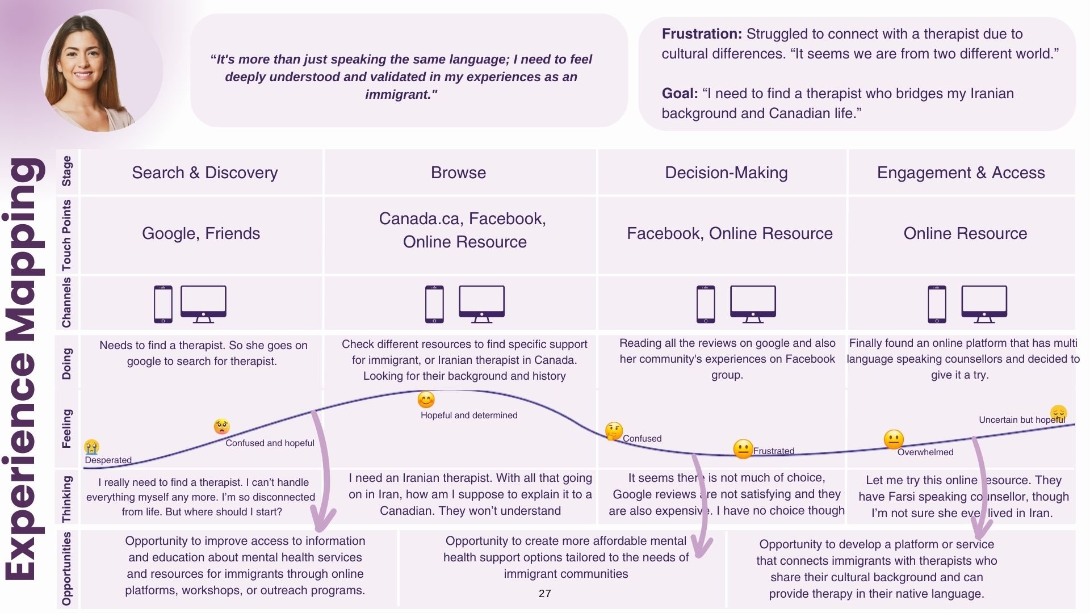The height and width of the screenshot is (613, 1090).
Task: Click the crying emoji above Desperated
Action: coord(91,447)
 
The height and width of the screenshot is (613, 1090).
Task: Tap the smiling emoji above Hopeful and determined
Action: coord(426,400)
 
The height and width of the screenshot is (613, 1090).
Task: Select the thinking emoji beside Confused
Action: coord(614,431)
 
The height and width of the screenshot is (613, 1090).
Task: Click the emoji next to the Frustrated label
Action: coord(743,449)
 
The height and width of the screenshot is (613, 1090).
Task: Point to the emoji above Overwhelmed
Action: coord(894,440)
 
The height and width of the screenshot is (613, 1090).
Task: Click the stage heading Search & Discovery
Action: coord(205,173)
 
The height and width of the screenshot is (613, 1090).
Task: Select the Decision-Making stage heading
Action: coord(726,173)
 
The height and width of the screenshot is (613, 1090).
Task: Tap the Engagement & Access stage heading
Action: coord(961,173)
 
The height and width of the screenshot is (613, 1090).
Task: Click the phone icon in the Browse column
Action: coord(434,304)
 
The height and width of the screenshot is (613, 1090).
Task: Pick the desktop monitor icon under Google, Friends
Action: coord(203,304)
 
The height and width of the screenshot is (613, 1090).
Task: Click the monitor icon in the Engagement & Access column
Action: coord(984,304)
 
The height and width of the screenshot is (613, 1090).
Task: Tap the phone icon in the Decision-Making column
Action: coord(706,304)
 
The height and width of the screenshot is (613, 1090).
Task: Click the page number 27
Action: coord(545,593)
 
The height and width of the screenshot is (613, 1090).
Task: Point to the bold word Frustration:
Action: coord(702,34)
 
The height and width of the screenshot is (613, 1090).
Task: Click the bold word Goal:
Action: coord(680,94)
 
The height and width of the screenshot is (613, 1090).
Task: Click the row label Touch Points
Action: coord(67,235)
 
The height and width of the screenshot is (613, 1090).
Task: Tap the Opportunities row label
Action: coord(67,569)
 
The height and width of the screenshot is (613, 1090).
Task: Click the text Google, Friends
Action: coord(201,233)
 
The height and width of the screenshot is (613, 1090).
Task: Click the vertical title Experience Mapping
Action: coord(25,369)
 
